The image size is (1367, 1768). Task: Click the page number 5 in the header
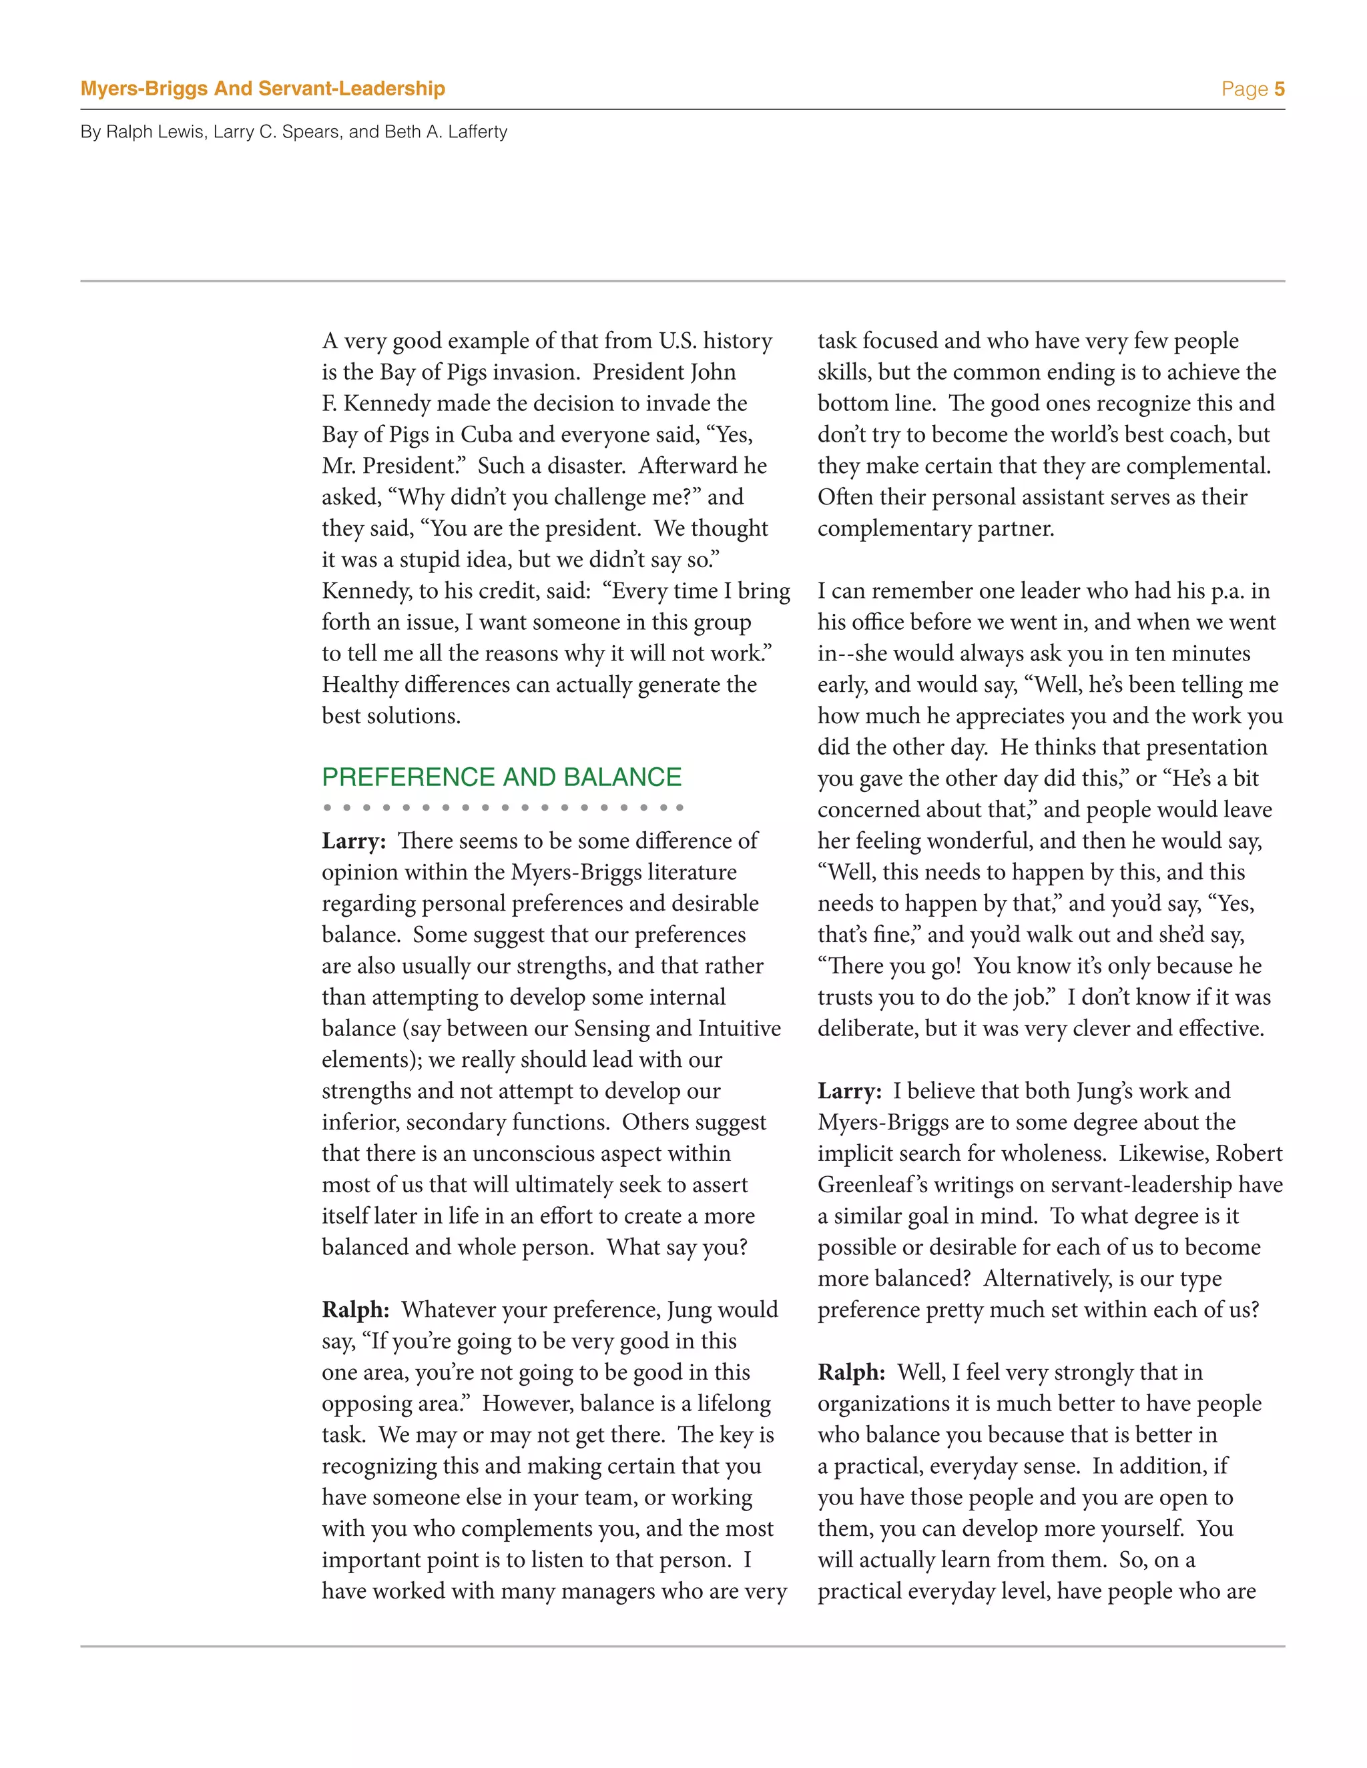tap(1279, 89)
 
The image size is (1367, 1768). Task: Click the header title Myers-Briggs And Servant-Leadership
tap(262, 89)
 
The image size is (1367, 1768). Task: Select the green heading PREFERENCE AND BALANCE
tap(501, 777)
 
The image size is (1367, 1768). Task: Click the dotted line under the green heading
tap(502, 807)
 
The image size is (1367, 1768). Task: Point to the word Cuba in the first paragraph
tap(487, 435)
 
